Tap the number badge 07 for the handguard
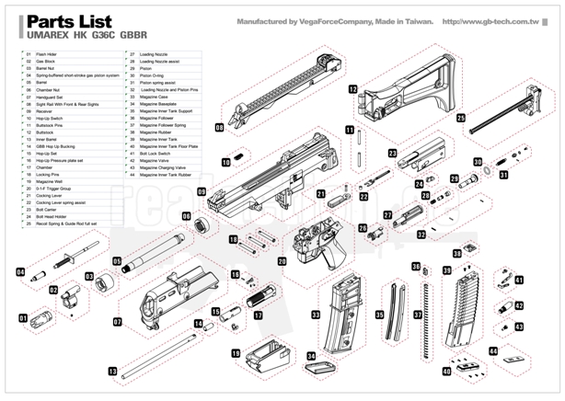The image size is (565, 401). click(x=118, y=322)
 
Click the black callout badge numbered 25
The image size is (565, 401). click(x=460, y=119)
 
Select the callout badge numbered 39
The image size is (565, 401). click(x=446, y=270)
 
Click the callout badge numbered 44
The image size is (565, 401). click(x=492, y=350)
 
